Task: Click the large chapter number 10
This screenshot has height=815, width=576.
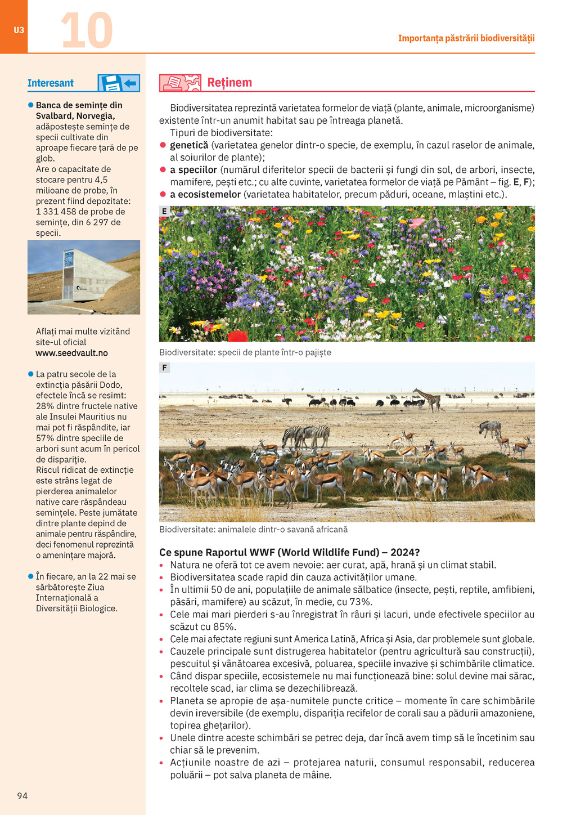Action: tap(87, 30)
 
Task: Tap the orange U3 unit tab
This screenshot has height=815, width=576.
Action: tap(19, 30)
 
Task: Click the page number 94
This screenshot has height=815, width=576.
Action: tap(22, 795)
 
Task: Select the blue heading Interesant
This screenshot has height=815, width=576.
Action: tap(51, 83)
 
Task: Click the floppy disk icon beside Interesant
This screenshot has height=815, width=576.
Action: tap(110, 83)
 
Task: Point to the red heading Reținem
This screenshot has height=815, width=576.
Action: tap(229, 83)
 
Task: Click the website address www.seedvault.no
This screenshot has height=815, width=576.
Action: tap(71, 353)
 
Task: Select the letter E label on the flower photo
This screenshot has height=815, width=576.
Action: tap(164, 212)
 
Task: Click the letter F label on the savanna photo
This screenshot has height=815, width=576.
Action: tap(164, 368)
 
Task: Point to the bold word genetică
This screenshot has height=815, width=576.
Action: tap(189, 145)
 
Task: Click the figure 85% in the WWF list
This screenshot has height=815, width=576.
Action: tap(224, 627)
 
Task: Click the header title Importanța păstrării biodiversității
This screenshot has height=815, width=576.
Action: tap(466, 38)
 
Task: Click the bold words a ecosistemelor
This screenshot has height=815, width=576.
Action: tap(205, 195)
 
